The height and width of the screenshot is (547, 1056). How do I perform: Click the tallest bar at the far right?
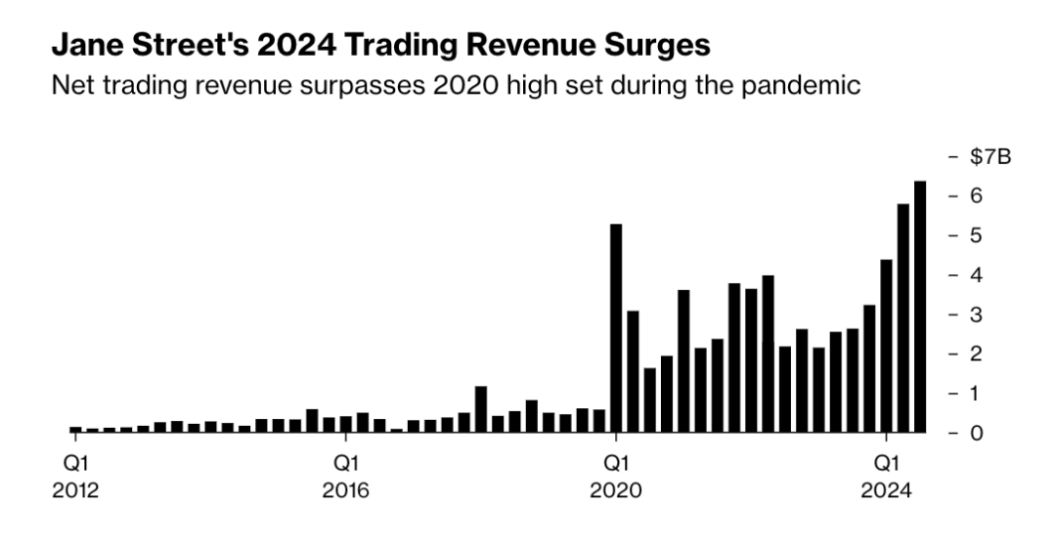coord(920,306)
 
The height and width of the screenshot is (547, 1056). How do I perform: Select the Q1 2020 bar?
coord(616,327)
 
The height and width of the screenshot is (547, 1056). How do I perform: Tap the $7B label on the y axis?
coord(981,157)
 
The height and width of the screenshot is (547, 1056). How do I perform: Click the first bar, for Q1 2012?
coord(75,429)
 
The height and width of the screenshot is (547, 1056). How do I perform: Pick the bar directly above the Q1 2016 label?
coord(345,424)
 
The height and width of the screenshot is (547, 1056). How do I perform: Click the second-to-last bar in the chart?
coord(903,317)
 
